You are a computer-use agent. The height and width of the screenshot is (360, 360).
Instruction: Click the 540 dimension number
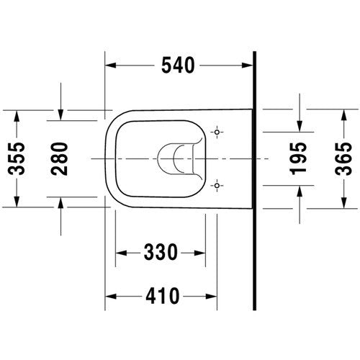coord(178,66)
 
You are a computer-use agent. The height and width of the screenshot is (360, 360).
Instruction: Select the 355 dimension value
coord(17,158)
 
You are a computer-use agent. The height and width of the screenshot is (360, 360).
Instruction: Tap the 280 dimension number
coord(59,158)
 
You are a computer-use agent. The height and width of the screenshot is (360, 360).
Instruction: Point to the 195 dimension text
coord(298,158)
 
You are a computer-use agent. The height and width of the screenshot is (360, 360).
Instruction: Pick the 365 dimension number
coord(343,159)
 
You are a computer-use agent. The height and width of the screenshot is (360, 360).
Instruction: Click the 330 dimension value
coord(161,253)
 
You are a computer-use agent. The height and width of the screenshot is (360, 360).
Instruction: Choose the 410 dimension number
coord(163,296)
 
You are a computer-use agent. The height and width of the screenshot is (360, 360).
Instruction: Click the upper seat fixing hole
coord(217,132)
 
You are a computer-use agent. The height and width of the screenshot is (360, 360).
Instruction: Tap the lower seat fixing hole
coord(217,186)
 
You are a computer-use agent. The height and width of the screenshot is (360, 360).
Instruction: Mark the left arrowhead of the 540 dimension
coord(110,66)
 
